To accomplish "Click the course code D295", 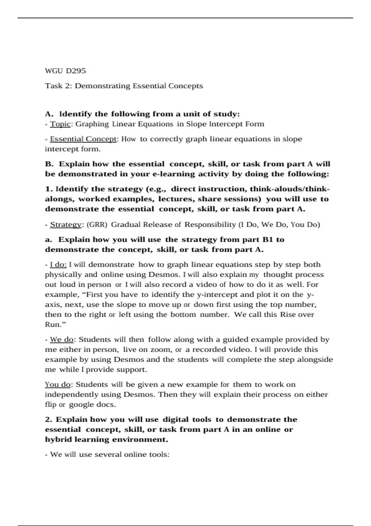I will click(x=76, y=71).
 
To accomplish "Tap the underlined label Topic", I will click(x=60, y=124).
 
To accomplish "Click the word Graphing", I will click(x=92, y=124).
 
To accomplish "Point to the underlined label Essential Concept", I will click(x=83, y=139).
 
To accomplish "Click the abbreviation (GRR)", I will click(x=97, y=224).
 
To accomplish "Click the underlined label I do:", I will click(x=58, y=265).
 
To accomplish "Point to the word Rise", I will click(x=288, y=314).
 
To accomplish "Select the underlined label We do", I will click(x=62, y=339).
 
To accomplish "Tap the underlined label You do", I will click(x=58, y=385).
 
